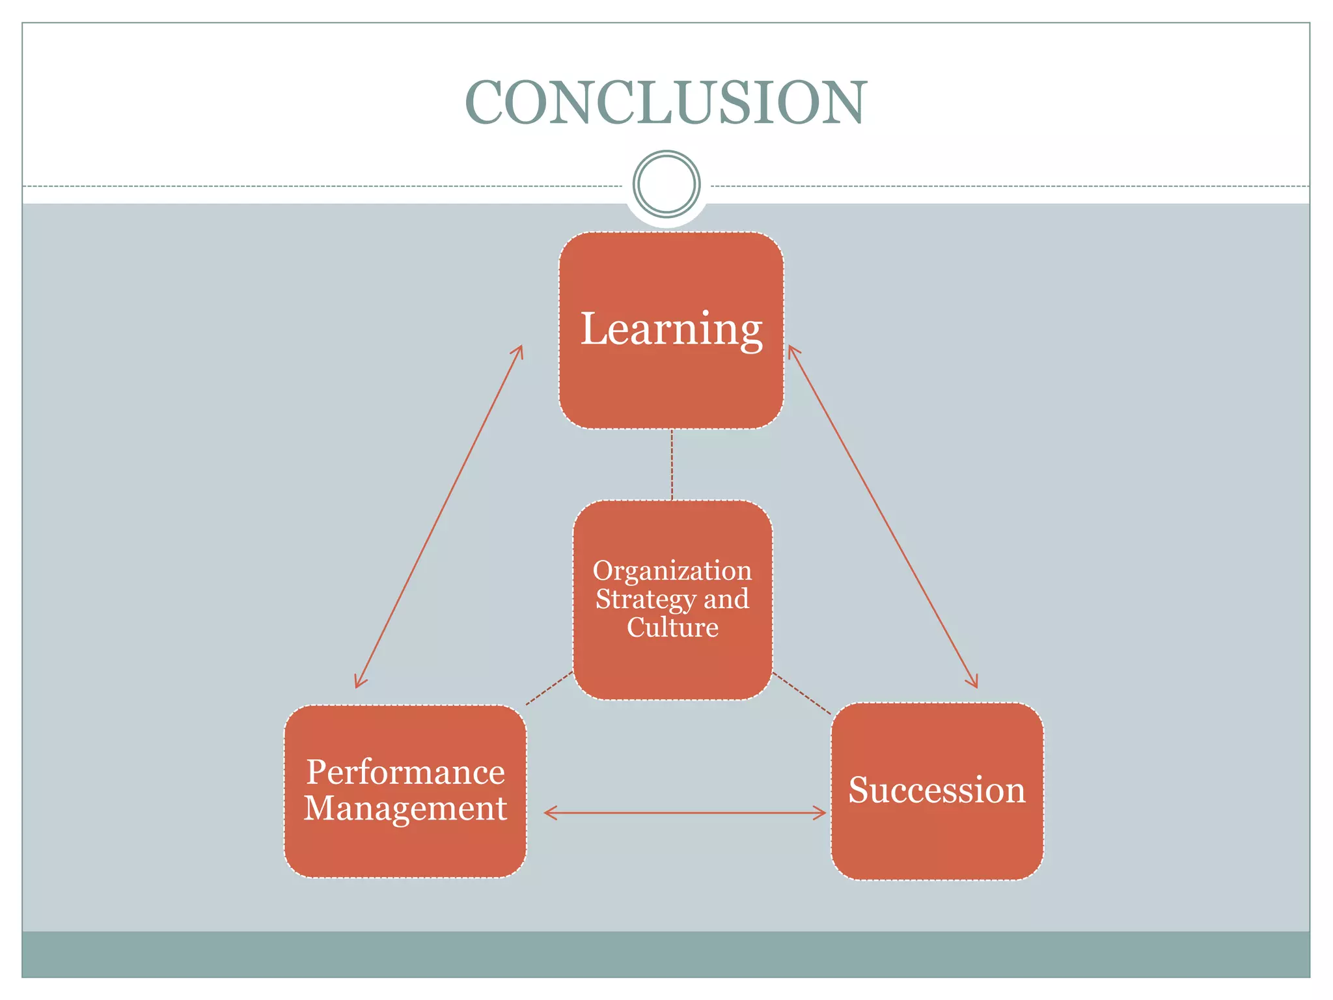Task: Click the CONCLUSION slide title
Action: pos(666,103)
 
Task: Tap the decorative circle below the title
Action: pos(666,184)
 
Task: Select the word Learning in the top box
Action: pos(671,329)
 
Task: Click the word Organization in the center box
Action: pos(672,571)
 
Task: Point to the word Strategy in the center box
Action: pos(646,600)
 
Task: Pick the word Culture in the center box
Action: pos(672,628)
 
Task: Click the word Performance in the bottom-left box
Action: pos(405,773)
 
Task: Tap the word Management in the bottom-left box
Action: pos(405,809)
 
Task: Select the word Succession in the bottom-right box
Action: pos(937,790)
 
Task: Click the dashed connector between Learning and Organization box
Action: pos(672,464)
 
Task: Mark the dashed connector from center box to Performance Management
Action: pos(550,687)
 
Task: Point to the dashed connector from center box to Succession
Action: pos(802,693)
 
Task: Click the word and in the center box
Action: pos(726,600)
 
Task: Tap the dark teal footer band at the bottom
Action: pos(666,954)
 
